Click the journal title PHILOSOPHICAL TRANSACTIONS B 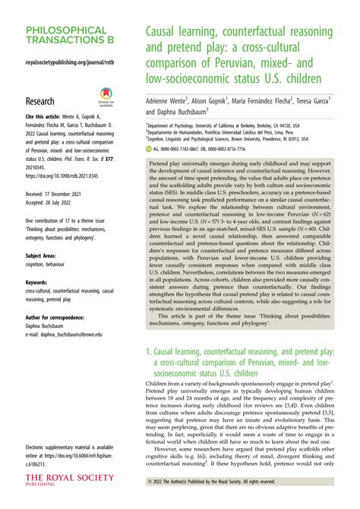[67, 36]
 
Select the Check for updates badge [106, 98]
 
